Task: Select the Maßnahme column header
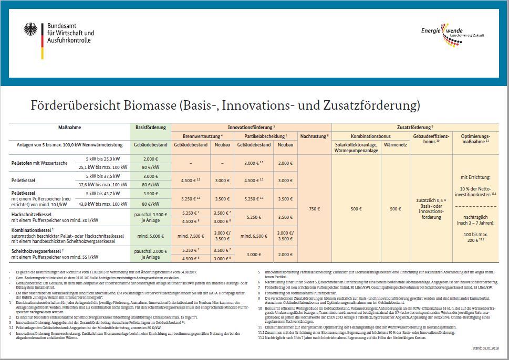(69, 128)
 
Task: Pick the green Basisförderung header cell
(150, 128)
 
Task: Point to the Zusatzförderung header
(414, 128)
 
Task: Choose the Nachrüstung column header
(314, 136)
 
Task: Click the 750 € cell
(314, 208)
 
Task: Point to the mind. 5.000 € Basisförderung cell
(150, 236)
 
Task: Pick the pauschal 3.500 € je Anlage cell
(150, 217)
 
